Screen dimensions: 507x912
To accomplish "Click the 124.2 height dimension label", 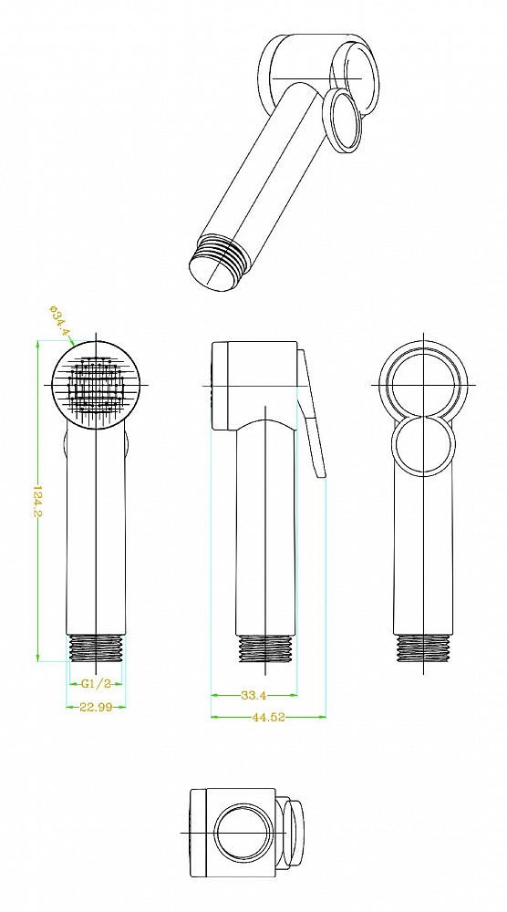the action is (x=36, y=500).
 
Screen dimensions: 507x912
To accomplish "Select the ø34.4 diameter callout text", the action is (x=59, y=320).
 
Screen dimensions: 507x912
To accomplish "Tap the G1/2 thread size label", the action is (x=96, y=684).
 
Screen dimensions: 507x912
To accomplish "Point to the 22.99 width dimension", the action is (x=96, y=708).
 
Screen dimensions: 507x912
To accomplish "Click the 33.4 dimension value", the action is (x=253, y=694).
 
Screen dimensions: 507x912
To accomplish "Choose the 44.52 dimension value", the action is (x=268, y=717).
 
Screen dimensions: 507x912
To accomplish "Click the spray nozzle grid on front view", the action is (x=96, y=385).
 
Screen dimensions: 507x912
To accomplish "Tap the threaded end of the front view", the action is (x=96, y=648).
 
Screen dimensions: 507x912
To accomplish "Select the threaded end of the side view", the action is (x=265, y=648).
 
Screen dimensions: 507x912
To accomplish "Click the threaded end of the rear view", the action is (x=423, y=648).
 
